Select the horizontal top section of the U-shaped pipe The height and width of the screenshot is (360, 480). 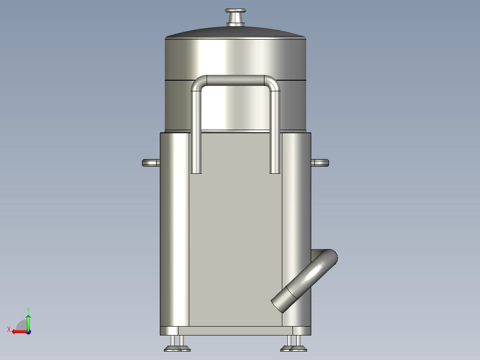tap(235, 80)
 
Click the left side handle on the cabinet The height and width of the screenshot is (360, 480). tap(151, 163)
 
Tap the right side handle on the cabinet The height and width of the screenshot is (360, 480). tap(320, 163)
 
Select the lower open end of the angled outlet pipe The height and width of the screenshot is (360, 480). tap(279, 304)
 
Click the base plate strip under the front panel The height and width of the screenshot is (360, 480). tap(235, 331)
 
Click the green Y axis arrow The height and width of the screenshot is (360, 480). tap(28, 319)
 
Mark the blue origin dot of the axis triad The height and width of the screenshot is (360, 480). tap(28, 331)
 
